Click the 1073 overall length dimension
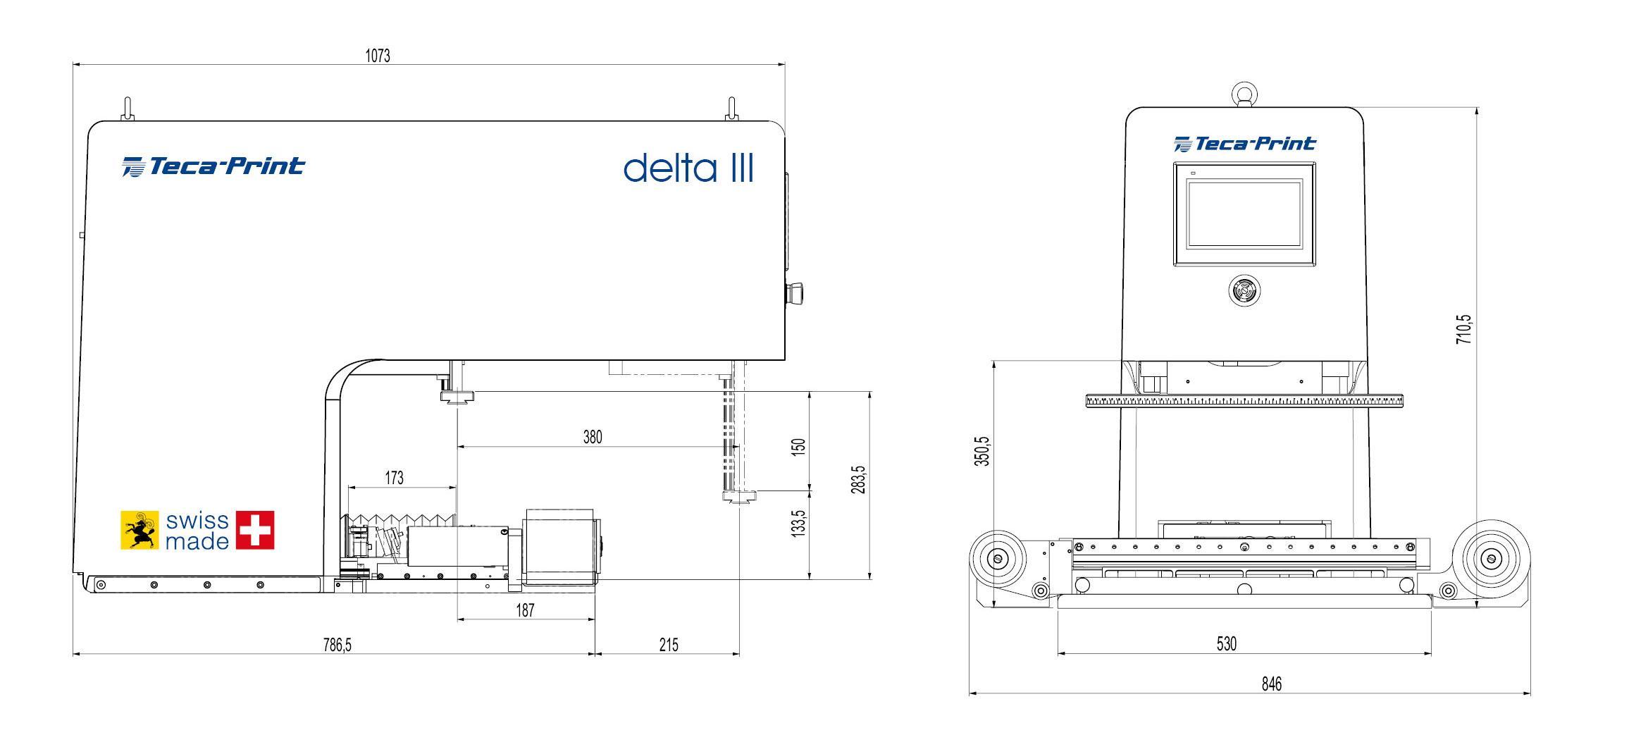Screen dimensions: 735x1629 tap(378, 56)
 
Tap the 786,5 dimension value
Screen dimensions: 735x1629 tap(337, 645)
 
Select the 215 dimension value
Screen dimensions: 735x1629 tap(668, 645)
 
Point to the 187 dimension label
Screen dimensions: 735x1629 tap(525, 610)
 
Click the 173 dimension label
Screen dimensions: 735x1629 tap(394, 478)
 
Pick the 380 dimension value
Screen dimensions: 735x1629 tap(593, 437)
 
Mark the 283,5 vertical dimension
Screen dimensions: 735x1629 tap(857, 479)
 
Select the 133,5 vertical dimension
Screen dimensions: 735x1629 tap(798, 524)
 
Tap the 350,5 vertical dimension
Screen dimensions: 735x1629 tap(984, 451)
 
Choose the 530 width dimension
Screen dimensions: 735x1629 tap(1227, 643)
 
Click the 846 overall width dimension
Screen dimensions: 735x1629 tap(1272, 684)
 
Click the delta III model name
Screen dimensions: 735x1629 tap(688, 168)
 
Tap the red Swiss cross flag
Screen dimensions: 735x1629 tap(255, 530)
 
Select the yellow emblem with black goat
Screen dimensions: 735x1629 tap(140, 530)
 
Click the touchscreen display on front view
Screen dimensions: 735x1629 tap(1244, 214)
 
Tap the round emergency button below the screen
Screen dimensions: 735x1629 tap(1244, 290)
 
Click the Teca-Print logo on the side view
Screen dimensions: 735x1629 tap(213, 166)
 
